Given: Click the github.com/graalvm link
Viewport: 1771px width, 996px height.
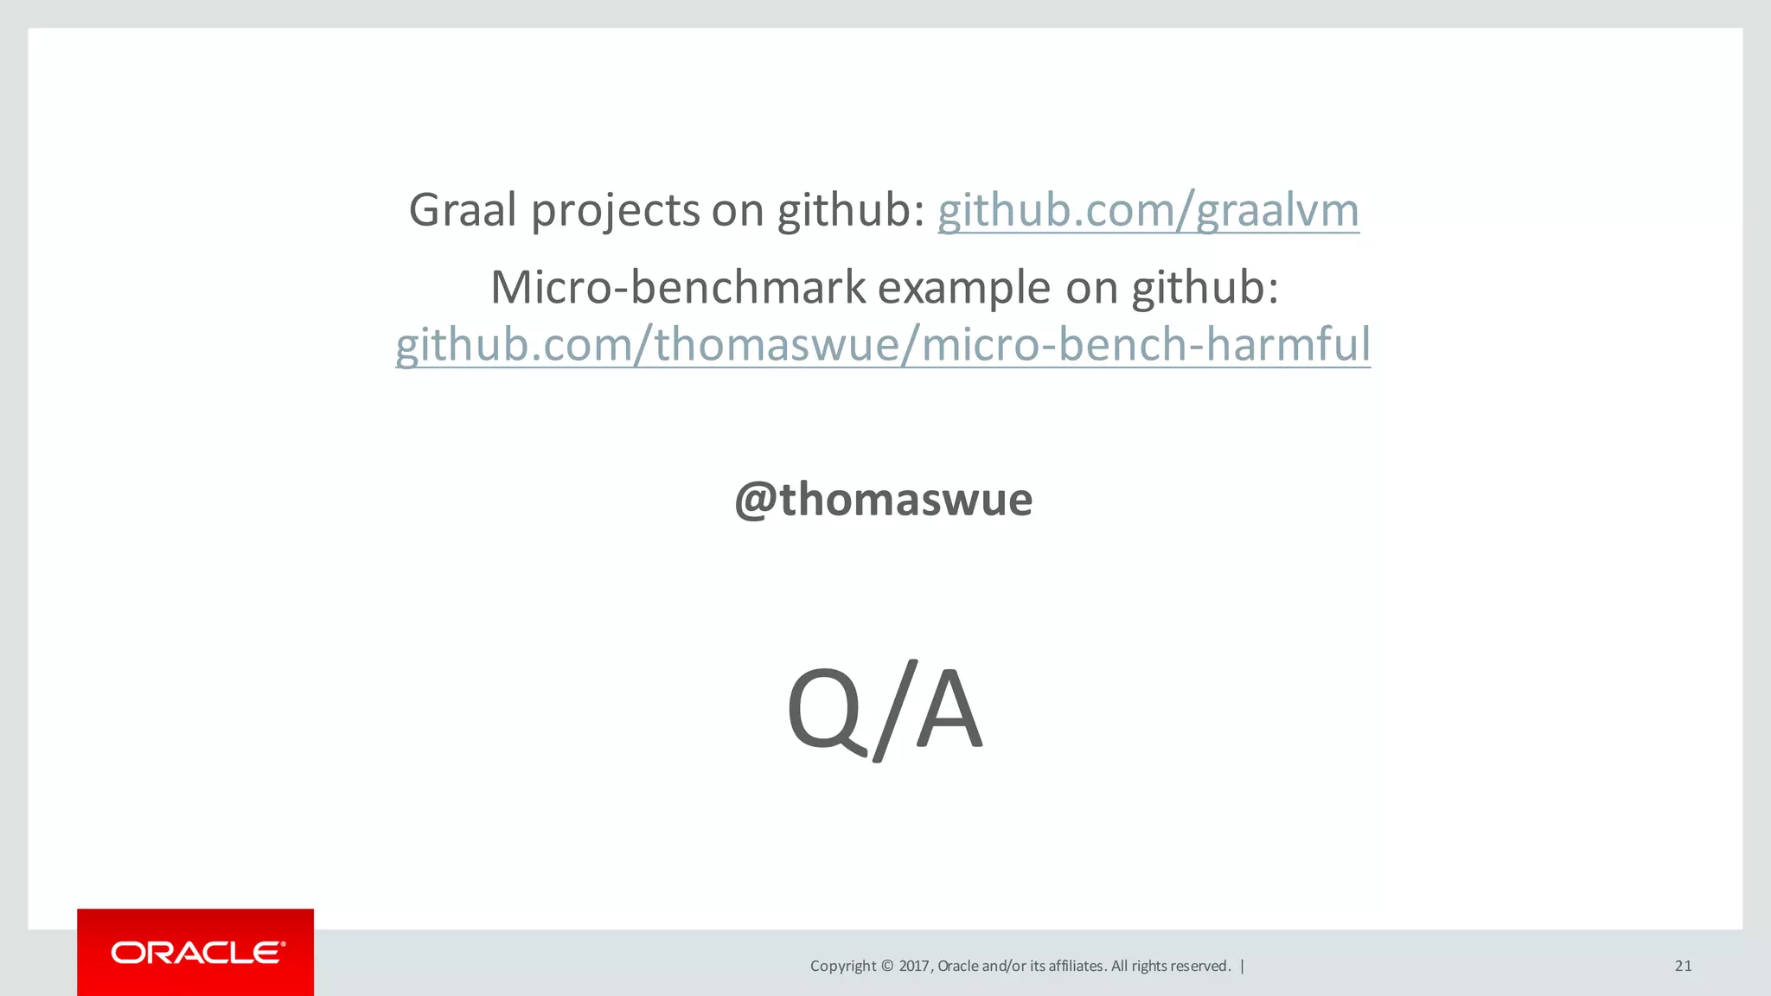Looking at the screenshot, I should tap(1148, 210).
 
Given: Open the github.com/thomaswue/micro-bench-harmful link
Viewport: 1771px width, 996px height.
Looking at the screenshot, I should tap(883, 344).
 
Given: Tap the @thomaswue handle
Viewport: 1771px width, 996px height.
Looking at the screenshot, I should tap(883, 500).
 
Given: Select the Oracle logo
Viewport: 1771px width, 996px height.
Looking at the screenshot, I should tap(197, 953).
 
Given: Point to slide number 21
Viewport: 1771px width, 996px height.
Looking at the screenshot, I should tap(1683, 966).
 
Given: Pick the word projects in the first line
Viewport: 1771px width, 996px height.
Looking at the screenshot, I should tap(615, 212).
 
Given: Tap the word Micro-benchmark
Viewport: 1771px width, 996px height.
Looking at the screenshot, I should tap(678, 287).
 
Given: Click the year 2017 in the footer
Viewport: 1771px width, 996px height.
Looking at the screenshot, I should tap(914, 966).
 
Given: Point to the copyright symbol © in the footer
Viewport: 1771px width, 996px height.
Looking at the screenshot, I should tap(887, 966).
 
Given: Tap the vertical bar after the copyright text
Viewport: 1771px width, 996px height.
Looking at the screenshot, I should tap(1243, 966).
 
